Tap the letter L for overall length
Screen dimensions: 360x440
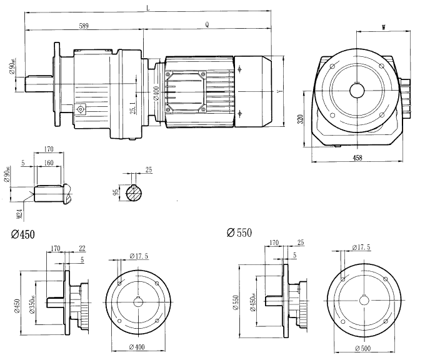pyautogui.click(x=147, y=7)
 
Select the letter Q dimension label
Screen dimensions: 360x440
pyautogui.click(x=207, y=25)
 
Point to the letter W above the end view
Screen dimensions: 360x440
pyautogui.click(x=382, y=27)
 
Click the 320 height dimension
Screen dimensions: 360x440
pyautogui.click(x=301, y=118)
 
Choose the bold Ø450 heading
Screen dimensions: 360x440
pyautogui.click(x=23, y=234)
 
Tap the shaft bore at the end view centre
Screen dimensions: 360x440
pyautogui.click(x=357, y=89)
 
